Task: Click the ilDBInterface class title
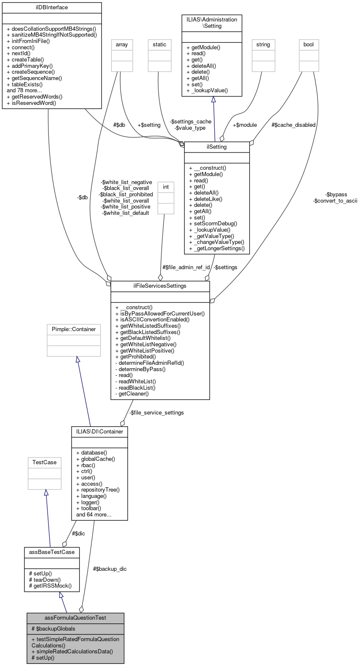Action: pyautogui.click(x=52, y=8)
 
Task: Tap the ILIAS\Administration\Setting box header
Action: pyautogui.click(x=212, y=23)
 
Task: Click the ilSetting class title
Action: pyautogui.click(x=217, y=147)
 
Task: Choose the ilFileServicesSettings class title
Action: pyautogui.click(x=160, y=286)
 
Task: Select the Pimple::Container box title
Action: pyautogui.click(x=74, y=329)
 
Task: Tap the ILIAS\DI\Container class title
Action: pyautogui.click(x=100, y=432)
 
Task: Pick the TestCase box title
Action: pyautogui.click(x=45, y=463)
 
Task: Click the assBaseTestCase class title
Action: pyautogui.click(x=52, y=552)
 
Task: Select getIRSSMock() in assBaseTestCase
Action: pyautogui.click(x=50, y=586)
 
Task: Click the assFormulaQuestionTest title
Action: pyautogui.click(x=75, y=618)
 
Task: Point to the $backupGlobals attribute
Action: pyautogui.click(x=53, y=629)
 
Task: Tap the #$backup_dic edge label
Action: pyautogui.click(x=110, y=569)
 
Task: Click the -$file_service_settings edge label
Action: pyautogui.click(x=157, y=413)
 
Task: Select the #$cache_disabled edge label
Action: pyautogui.click(x=293, y=125)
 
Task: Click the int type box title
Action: pyautogui.click(x=166, y=187)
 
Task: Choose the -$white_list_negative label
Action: pyautogui.click(x=127, y=182)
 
